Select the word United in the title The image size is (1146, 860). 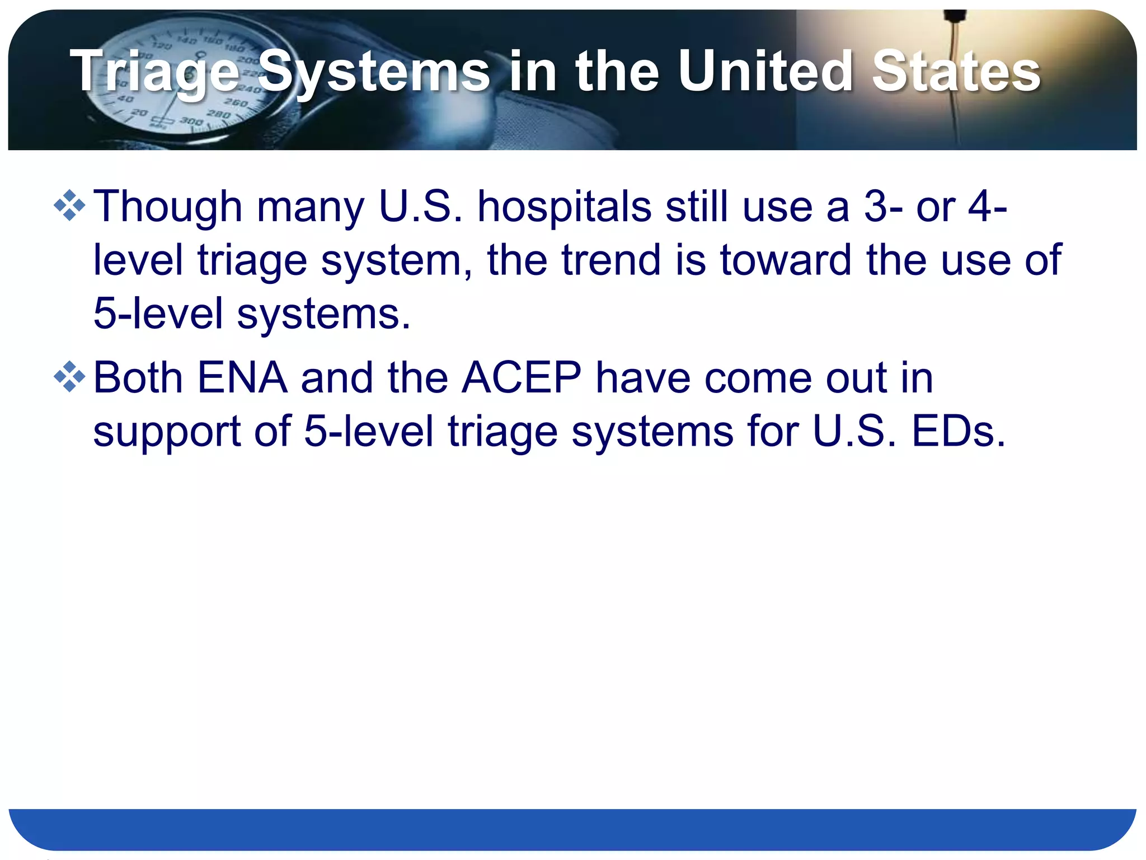point(765,72)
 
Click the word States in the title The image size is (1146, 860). point(956,72)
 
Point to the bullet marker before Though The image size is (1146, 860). point(69,205)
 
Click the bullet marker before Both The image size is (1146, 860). point(69,377)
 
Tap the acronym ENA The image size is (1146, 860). point(242,377)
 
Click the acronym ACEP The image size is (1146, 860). point(522,377)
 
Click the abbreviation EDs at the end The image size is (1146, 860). point(959,431)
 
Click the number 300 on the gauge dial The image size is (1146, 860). point(191,121)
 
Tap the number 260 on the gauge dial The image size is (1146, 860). point(236,103)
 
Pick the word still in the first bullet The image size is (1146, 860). point(697,206)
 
